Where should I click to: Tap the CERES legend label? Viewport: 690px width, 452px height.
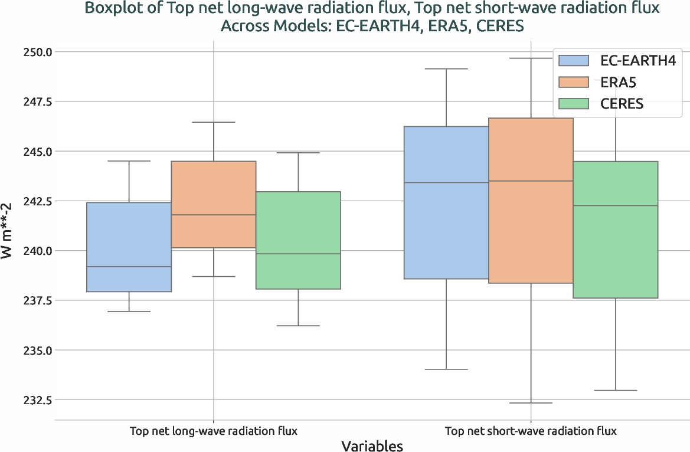coord(622,104)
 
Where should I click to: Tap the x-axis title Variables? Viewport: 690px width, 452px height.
coord(372,446)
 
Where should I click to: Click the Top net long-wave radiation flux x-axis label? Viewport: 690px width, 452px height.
coord(213,431)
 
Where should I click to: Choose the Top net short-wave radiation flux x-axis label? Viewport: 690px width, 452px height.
coord(531,431)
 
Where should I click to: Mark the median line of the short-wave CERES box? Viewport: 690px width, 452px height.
coord(616,205)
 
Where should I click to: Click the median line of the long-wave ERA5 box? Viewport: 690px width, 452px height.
coord(214,215)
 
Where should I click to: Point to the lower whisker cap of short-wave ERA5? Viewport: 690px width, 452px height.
coord(531,403)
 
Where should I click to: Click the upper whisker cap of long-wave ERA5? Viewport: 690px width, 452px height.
coord(214,122)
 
